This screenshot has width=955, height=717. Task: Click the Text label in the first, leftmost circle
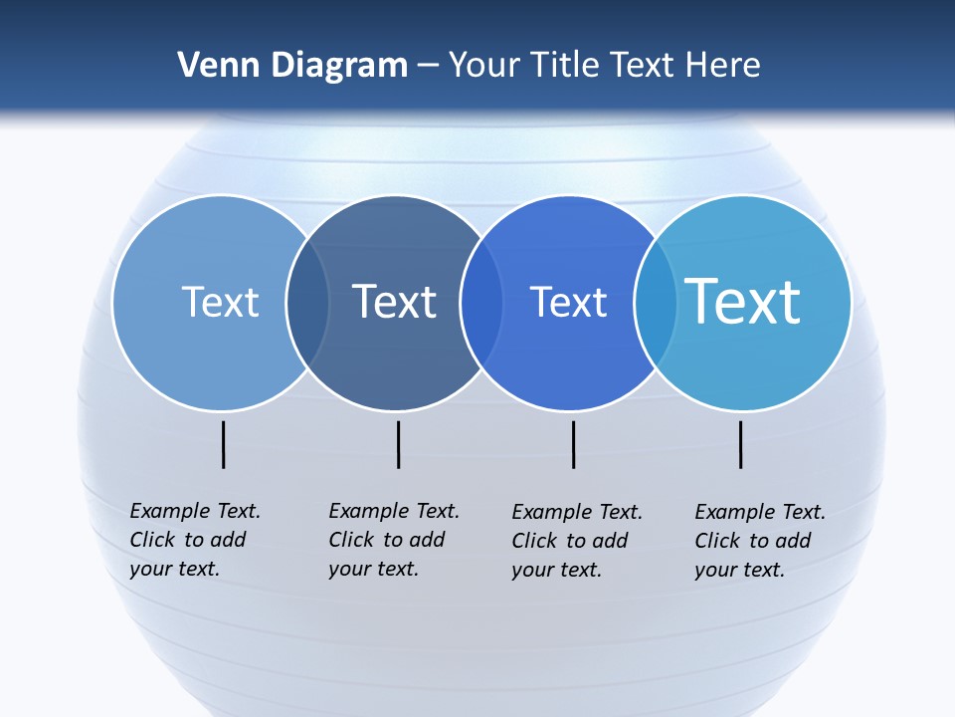(220, 302)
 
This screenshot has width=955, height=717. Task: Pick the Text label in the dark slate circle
(395, 302)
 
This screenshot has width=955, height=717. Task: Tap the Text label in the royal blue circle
(568, 302)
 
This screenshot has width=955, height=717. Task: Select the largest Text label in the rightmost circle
(743, 301)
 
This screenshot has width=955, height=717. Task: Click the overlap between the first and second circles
(308, 303)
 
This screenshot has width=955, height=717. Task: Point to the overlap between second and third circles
(482, 303)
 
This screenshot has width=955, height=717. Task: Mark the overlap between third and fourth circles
(655, 303)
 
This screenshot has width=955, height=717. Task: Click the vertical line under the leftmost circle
(224, 444)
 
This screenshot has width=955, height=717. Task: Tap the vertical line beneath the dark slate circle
(398, 444)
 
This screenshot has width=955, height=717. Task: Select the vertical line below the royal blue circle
(574, 444)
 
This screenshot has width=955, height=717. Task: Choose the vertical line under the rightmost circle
(741, 444)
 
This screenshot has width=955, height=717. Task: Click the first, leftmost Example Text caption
(194, 540)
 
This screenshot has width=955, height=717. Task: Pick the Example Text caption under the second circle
(393, 540)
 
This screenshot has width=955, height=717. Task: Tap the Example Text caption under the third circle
(576, 541)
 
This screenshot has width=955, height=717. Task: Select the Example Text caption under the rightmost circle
(759, 541)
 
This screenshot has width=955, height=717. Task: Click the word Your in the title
(484, 66)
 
